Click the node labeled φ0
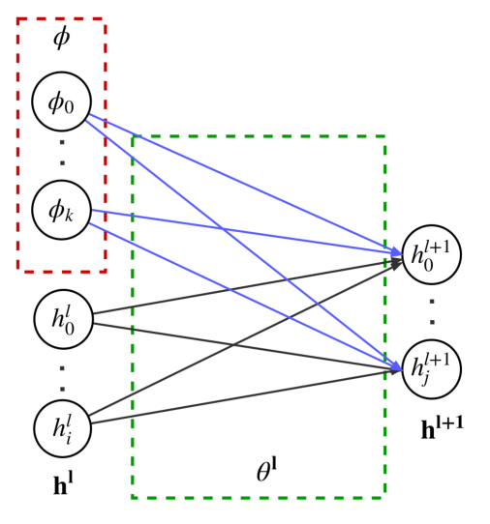coord(62,102)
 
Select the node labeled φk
coord(62,210)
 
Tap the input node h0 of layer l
coord(63,319)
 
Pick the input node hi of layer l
coord(63,428)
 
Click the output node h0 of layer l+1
coord(432,254)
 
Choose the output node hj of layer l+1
coord(432,369)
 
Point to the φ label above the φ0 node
coord(62,37)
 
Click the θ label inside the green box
coord(266,470)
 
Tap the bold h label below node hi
coord(63,484)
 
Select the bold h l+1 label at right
coord(443,427)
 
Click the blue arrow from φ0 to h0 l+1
coord(245,186)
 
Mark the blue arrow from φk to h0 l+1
coord(247,232)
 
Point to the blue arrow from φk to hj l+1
coord(245,297)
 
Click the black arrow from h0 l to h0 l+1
coord(247,288)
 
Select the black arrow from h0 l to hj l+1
coord(247,346)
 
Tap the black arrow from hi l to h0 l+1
coord(245,338)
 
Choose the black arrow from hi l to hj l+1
coord(246,396)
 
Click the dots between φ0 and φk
coord(62,153)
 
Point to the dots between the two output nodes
coord(432,312)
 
